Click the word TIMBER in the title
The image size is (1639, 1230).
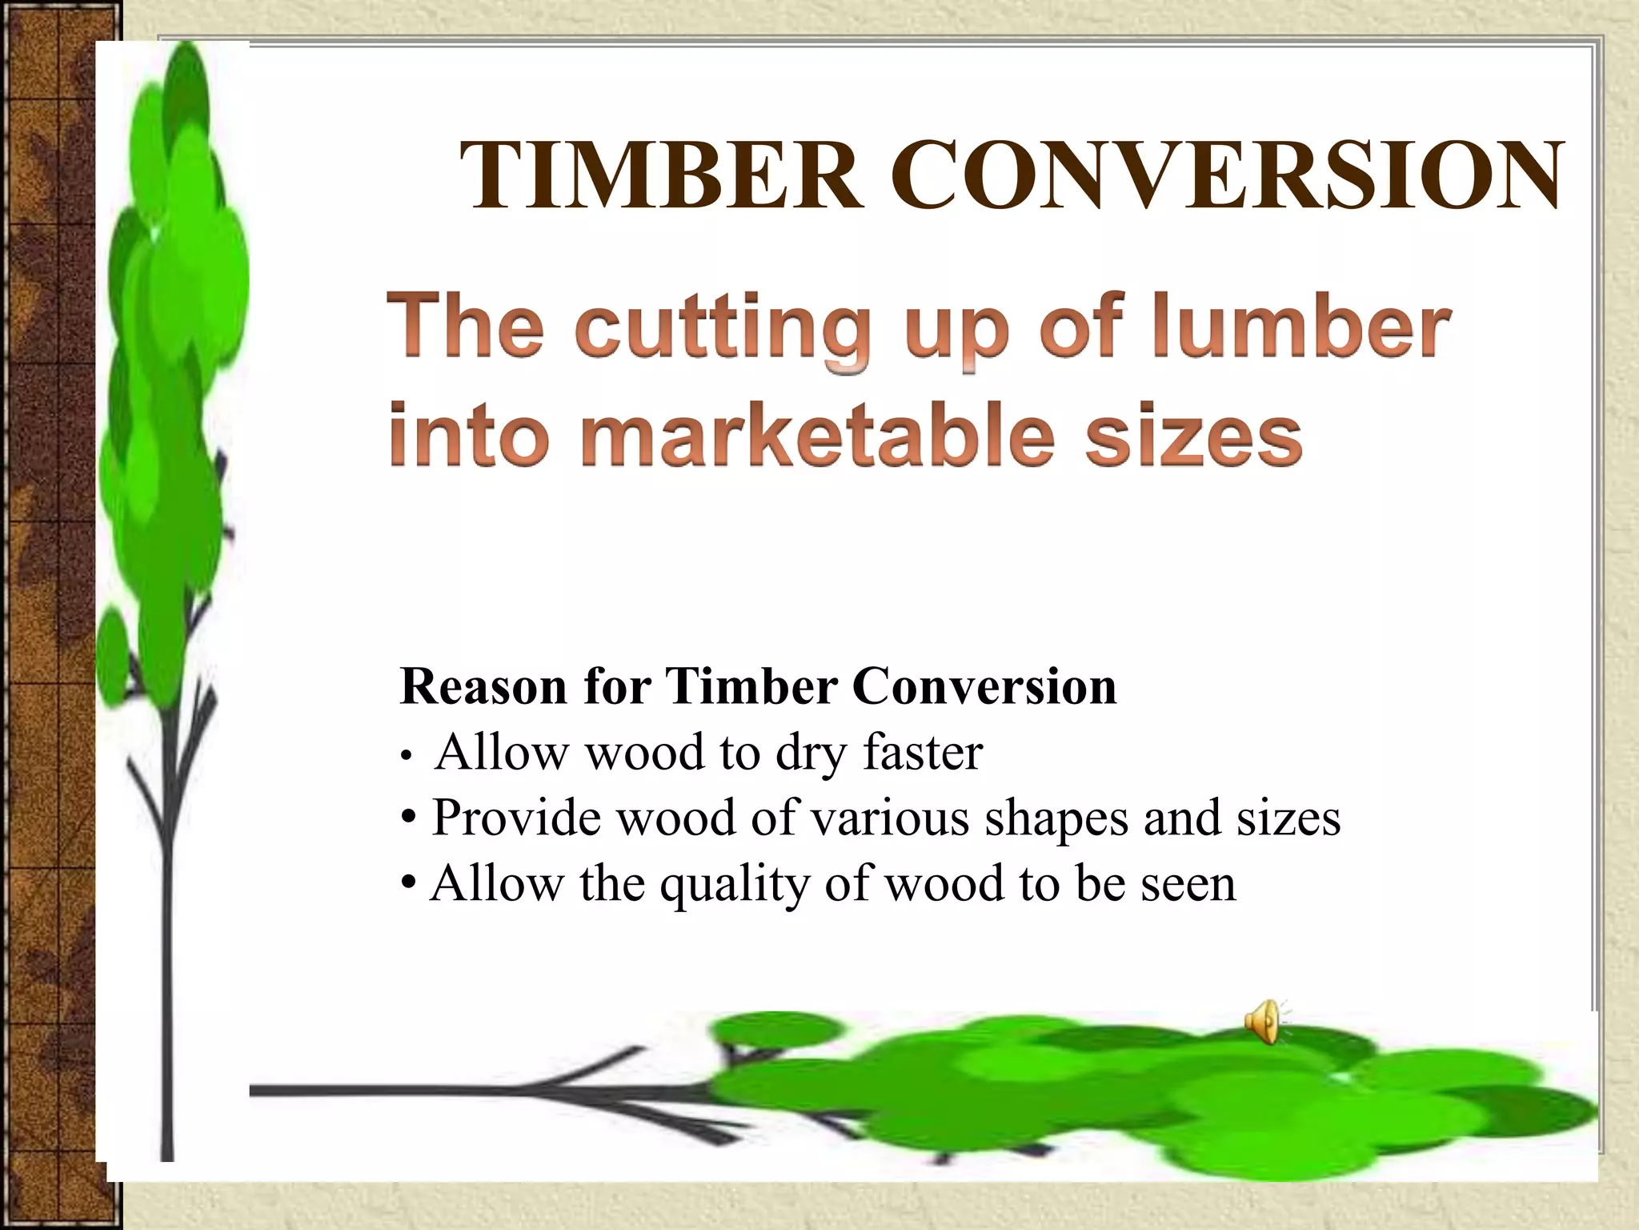pyautogui.click(x=661, y=175)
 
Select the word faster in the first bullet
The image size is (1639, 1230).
pyautogui.click(x=922, y=753)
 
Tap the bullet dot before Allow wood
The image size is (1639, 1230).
pyautogui.click(x=407, y=755)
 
